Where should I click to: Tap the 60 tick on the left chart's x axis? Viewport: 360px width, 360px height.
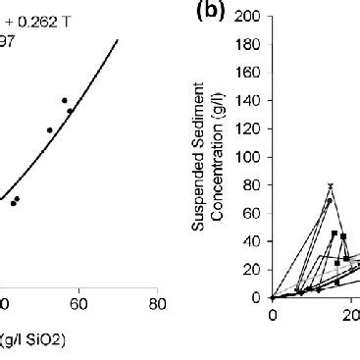pyautogui.click(x=78, y=303)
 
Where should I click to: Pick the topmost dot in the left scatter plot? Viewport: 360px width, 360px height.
pyautogui.click(x=65, y=100)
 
